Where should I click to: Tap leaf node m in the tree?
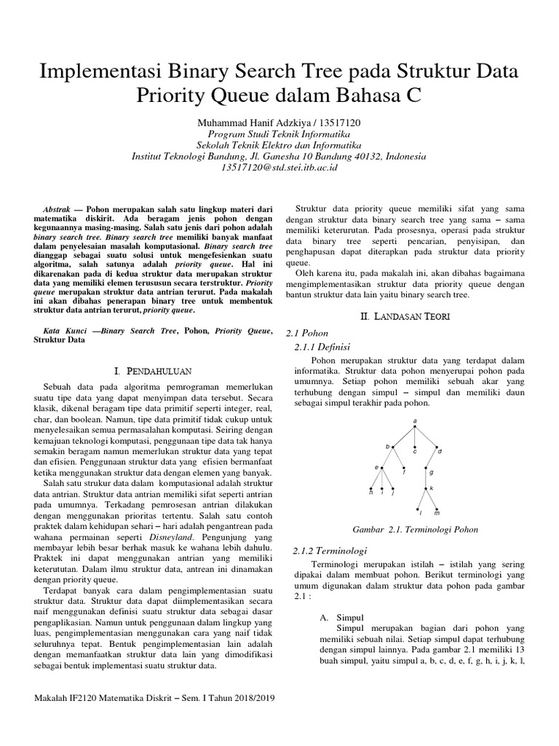[437, 509]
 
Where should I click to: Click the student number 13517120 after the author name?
[351, 123]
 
